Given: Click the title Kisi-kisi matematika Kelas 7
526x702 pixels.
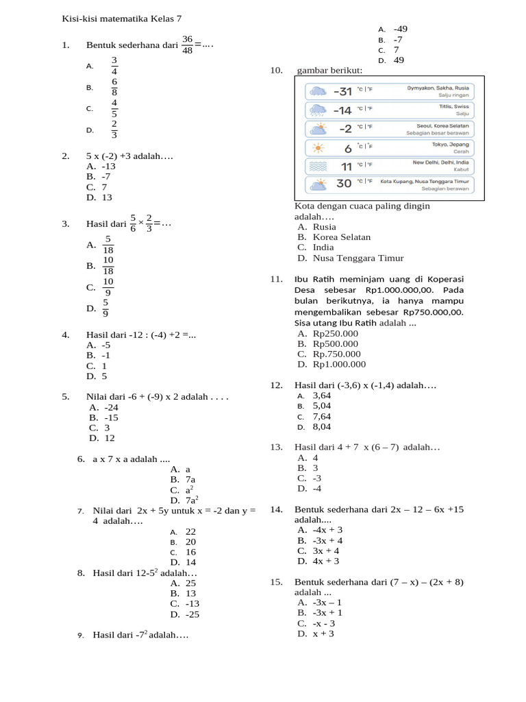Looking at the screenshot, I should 122,19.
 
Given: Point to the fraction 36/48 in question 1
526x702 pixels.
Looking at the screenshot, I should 188,45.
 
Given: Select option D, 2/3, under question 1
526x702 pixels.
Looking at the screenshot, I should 114,130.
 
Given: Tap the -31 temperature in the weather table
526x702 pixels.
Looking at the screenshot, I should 342,92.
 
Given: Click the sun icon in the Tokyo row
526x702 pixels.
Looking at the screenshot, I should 318,147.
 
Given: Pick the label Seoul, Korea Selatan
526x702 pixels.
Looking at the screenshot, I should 442,126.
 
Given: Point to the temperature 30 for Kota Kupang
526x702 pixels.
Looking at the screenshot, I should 344,183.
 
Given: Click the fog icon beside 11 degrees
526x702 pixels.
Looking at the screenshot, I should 318,166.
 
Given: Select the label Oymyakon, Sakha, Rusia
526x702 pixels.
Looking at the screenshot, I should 438,88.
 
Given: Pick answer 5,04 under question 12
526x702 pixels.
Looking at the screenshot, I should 322,406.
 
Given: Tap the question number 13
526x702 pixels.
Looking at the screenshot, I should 276,447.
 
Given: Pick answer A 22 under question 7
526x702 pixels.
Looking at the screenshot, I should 190,531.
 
